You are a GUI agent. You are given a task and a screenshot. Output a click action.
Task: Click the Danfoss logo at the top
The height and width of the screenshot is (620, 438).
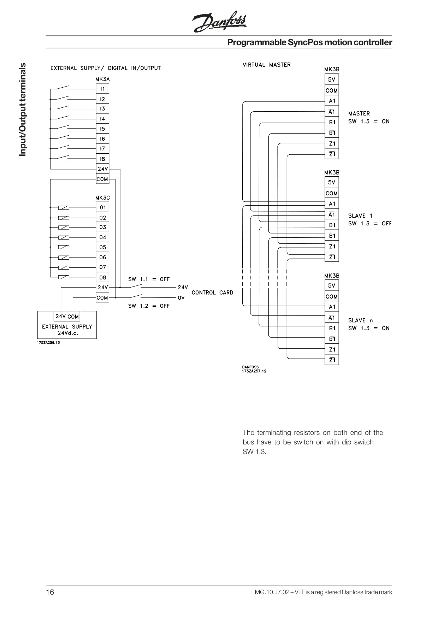tap(219, 22)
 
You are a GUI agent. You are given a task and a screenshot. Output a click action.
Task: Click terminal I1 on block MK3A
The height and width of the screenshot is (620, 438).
tap(102, 89)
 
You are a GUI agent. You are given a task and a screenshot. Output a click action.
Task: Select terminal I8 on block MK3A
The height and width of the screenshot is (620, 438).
tap(102, 159)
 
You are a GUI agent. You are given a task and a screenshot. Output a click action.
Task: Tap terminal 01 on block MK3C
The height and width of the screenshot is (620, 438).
tap(102, 207)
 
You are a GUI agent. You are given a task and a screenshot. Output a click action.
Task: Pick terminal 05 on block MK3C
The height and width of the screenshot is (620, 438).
tap(102, 247)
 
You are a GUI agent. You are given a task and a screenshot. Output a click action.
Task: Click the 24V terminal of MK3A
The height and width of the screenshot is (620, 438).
tap(102, 169)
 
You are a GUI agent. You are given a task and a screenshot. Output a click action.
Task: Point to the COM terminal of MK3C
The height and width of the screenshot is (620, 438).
tap(102, 298)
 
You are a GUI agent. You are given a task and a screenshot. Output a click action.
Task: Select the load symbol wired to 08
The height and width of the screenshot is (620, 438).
tap(64, 277)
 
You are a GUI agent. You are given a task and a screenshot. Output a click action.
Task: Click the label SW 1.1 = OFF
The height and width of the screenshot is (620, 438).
tap(149, 279)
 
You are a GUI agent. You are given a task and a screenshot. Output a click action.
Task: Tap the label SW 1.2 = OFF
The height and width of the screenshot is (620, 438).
tap(149, 306)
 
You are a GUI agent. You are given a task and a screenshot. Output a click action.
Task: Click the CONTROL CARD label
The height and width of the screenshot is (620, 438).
tap(212, 293)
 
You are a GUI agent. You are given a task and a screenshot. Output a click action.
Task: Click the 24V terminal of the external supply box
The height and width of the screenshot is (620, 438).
tap(60, 317)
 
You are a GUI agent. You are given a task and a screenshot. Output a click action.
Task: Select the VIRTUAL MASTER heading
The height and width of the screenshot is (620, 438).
tap(267, 65)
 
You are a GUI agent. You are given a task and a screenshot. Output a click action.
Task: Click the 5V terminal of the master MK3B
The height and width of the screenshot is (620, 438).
tap(332, 79)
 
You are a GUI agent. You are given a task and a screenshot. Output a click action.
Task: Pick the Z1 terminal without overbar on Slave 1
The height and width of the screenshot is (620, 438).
tap(332, 246)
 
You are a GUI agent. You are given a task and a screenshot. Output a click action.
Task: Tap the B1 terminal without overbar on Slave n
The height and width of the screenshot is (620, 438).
tap(332, 328)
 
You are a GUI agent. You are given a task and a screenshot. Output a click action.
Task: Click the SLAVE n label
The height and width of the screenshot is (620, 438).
tap(360, 320)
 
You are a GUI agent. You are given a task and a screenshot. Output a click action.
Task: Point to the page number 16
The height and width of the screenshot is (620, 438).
tap(50, 592)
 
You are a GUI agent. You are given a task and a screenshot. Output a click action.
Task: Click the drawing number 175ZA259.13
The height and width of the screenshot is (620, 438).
tap(48, 343)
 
